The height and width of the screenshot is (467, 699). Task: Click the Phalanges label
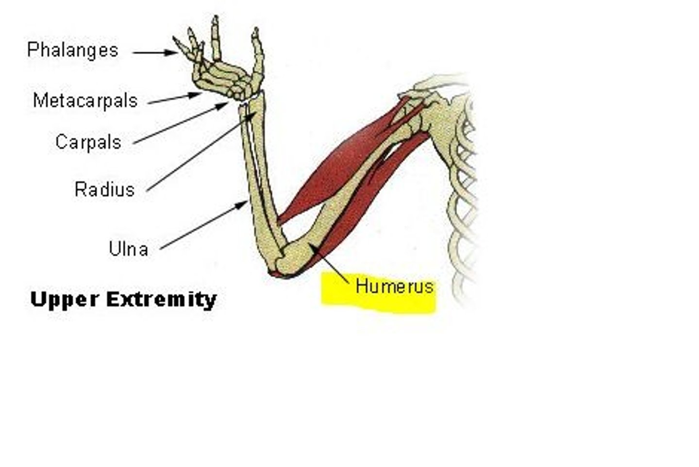[73, 50]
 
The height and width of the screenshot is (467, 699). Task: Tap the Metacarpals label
[85, 100]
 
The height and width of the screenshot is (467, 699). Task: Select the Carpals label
[88, 142]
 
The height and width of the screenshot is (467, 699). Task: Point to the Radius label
[104, 189]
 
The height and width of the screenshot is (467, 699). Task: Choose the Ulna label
[128, 249]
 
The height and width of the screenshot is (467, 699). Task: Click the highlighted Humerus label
[394, 286]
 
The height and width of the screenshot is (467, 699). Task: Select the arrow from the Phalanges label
[155, 52]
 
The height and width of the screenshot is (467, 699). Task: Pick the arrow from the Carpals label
[180, 123]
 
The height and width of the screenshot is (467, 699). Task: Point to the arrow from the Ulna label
[204, 226]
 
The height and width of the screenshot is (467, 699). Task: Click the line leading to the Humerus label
[332, 264]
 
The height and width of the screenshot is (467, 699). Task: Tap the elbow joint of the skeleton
[286, 260]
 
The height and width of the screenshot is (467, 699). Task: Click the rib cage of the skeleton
[461, 194]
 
